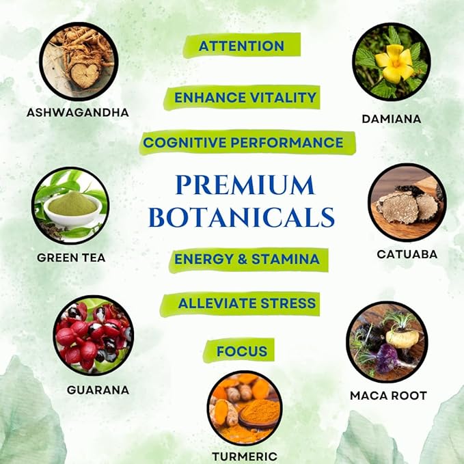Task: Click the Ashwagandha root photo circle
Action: [79, 61]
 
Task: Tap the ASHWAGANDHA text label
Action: [77, 112]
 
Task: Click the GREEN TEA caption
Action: [72, 258]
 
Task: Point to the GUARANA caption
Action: [98, 390]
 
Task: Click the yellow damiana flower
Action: [392, 62]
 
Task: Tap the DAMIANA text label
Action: [391, 119]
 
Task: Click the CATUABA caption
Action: [407, 254]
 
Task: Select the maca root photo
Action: [387, 342]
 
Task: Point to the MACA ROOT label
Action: [388, 395]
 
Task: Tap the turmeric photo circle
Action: [244, 407]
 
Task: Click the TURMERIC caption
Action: [244, 455]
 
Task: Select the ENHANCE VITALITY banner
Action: [245, 97]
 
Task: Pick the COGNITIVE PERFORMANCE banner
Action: [243, 142]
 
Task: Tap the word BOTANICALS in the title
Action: [242, 217]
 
